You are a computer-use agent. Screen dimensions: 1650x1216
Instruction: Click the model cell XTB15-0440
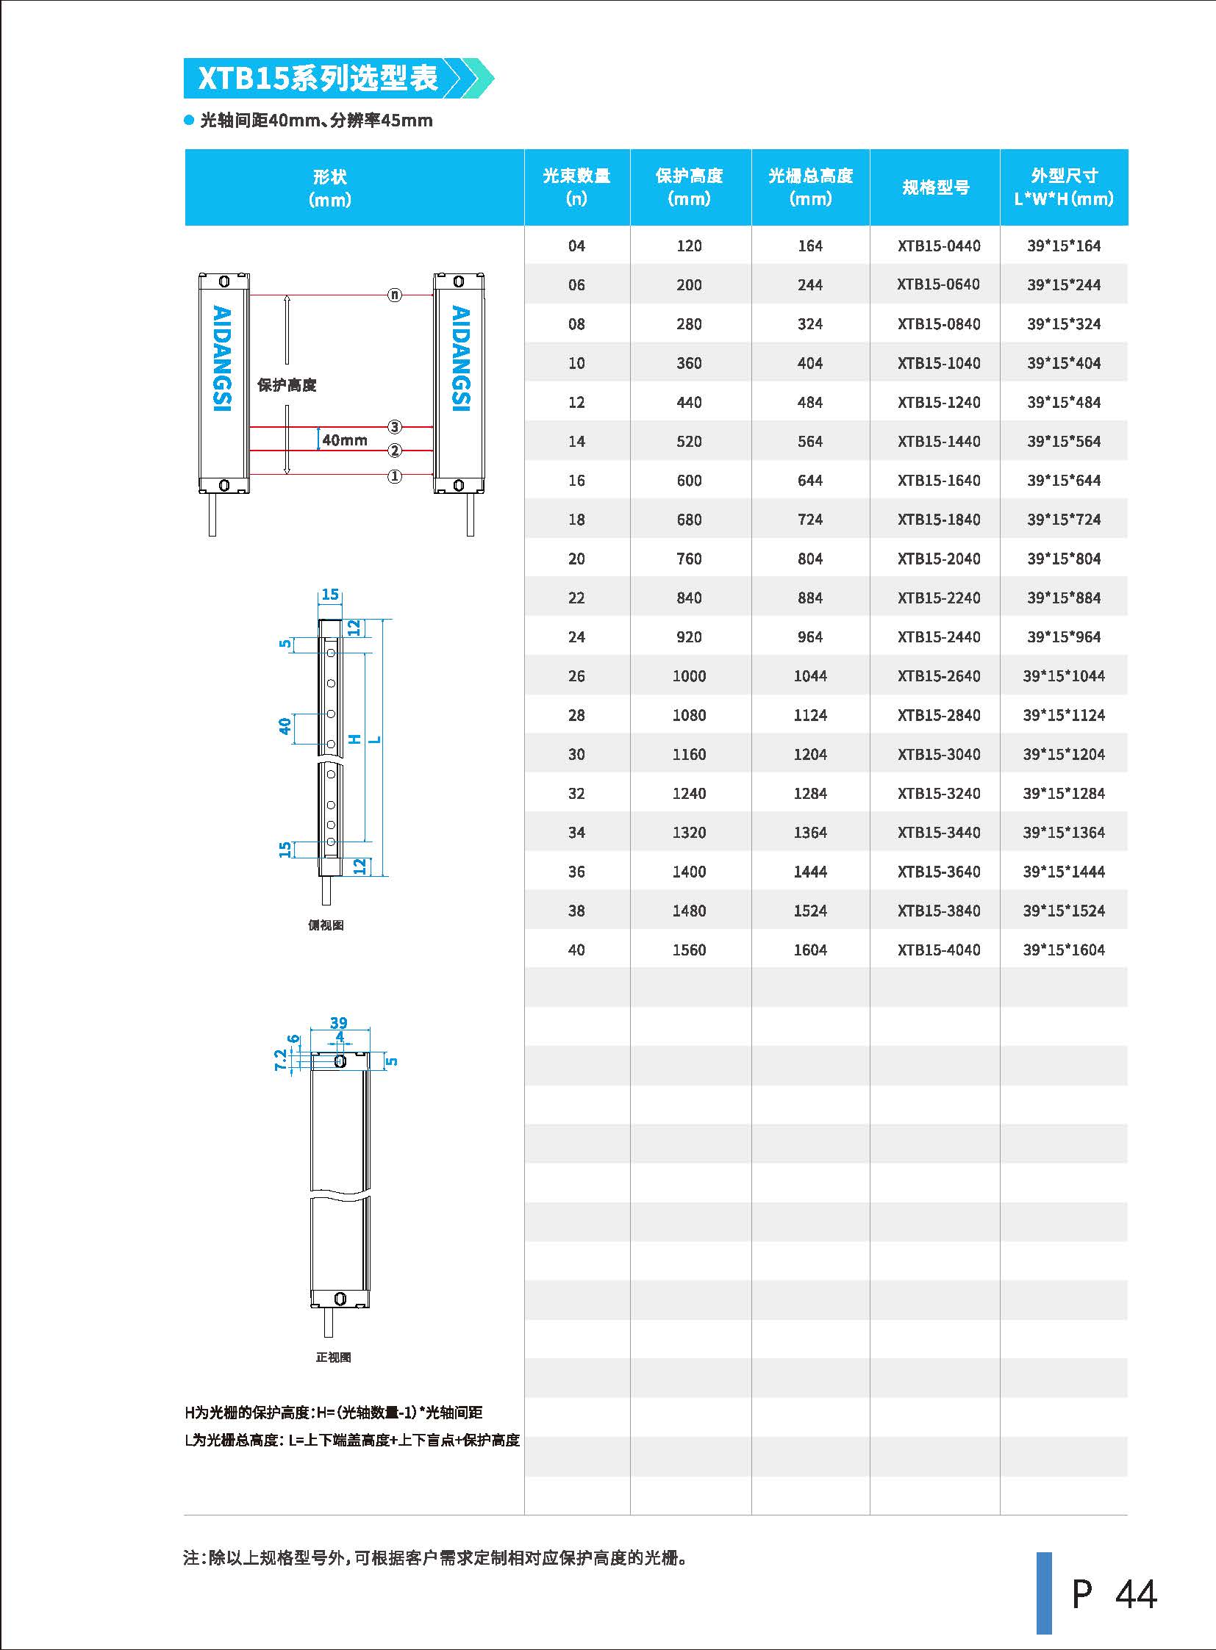tap(939, 245)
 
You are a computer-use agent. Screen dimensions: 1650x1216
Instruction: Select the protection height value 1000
tap(689, 675)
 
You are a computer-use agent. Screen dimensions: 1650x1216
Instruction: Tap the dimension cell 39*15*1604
tap(1064, 950)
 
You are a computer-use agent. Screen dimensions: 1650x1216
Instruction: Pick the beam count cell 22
tap(576, 598)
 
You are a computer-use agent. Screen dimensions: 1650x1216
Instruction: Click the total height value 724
tap(809, 520)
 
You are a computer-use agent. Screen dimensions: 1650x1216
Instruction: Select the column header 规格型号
tap(936, 187)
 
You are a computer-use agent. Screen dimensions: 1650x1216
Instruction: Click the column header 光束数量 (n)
tap(576, 187)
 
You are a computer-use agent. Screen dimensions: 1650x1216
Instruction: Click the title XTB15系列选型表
tap(318, 78)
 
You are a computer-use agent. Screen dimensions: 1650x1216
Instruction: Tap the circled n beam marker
tap(396, 295)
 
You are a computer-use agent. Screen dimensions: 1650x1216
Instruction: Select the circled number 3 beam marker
tap(396, 427)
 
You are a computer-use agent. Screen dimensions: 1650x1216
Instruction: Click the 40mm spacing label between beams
tap(345, 440)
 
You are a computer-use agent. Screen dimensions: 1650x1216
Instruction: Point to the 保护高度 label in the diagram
tap(286, 385)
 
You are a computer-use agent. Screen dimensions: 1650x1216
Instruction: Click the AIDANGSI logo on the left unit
tap(222, 359)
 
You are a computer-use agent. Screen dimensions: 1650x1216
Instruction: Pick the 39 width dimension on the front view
tap(339, 1022)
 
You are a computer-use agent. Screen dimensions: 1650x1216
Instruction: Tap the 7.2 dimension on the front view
tap(280, 1060)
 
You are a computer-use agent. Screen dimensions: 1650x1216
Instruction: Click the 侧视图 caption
tap(326, 925)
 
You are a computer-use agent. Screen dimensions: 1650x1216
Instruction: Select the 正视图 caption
tap(334, 1357)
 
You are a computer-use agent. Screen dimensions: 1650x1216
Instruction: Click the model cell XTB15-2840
tap(939, 714)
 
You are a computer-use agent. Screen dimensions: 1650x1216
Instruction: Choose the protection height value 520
tap(689, 442)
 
